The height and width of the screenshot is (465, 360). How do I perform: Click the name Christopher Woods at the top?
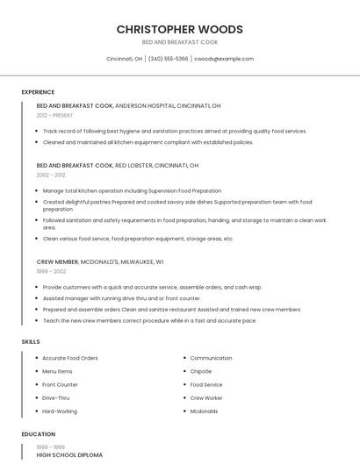pos(179,29)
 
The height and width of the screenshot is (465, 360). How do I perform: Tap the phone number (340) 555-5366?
pos(168,59)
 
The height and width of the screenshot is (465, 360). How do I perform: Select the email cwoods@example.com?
pos(224,59)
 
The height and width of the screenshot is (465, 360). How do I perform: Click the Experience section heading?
pos(38,92)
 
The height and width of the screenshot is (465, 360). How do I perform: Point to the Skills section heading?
pos(31,341)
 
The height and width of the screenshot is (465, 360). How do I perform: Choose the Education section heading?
pos(38,434)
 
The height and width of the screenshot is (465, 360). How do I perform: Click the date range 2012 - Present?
pos(55,115)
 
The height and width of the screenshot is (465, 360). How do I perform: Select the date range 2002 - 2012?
pos(50,175)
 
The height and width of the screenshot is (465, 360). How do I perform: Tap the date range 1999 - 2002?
pos(51,271)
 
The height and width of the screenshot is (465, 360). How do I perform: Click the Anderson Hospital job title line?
pos(128,105)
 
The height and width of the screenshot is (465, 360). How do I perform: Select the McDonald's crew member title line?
pos(100,261)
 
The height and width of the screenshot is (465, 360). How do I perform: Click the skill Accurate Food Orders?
pos(70,358)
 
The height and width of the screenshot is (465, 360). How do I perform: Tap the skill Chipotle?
pos(201,371)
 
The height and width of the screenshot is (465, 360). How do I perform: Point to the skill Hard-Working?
pos(60,411)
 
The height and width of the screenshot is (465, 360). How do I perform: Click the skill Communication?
pos(211,358)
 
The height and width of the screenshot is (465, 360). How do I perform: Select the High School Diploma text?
pos(69,455)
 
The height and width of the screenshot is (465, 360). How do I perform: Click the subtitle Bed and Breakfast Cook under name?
pos(179,42)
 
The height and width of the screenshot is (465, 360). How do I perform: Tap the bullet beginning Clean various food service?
pos(138,239)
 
